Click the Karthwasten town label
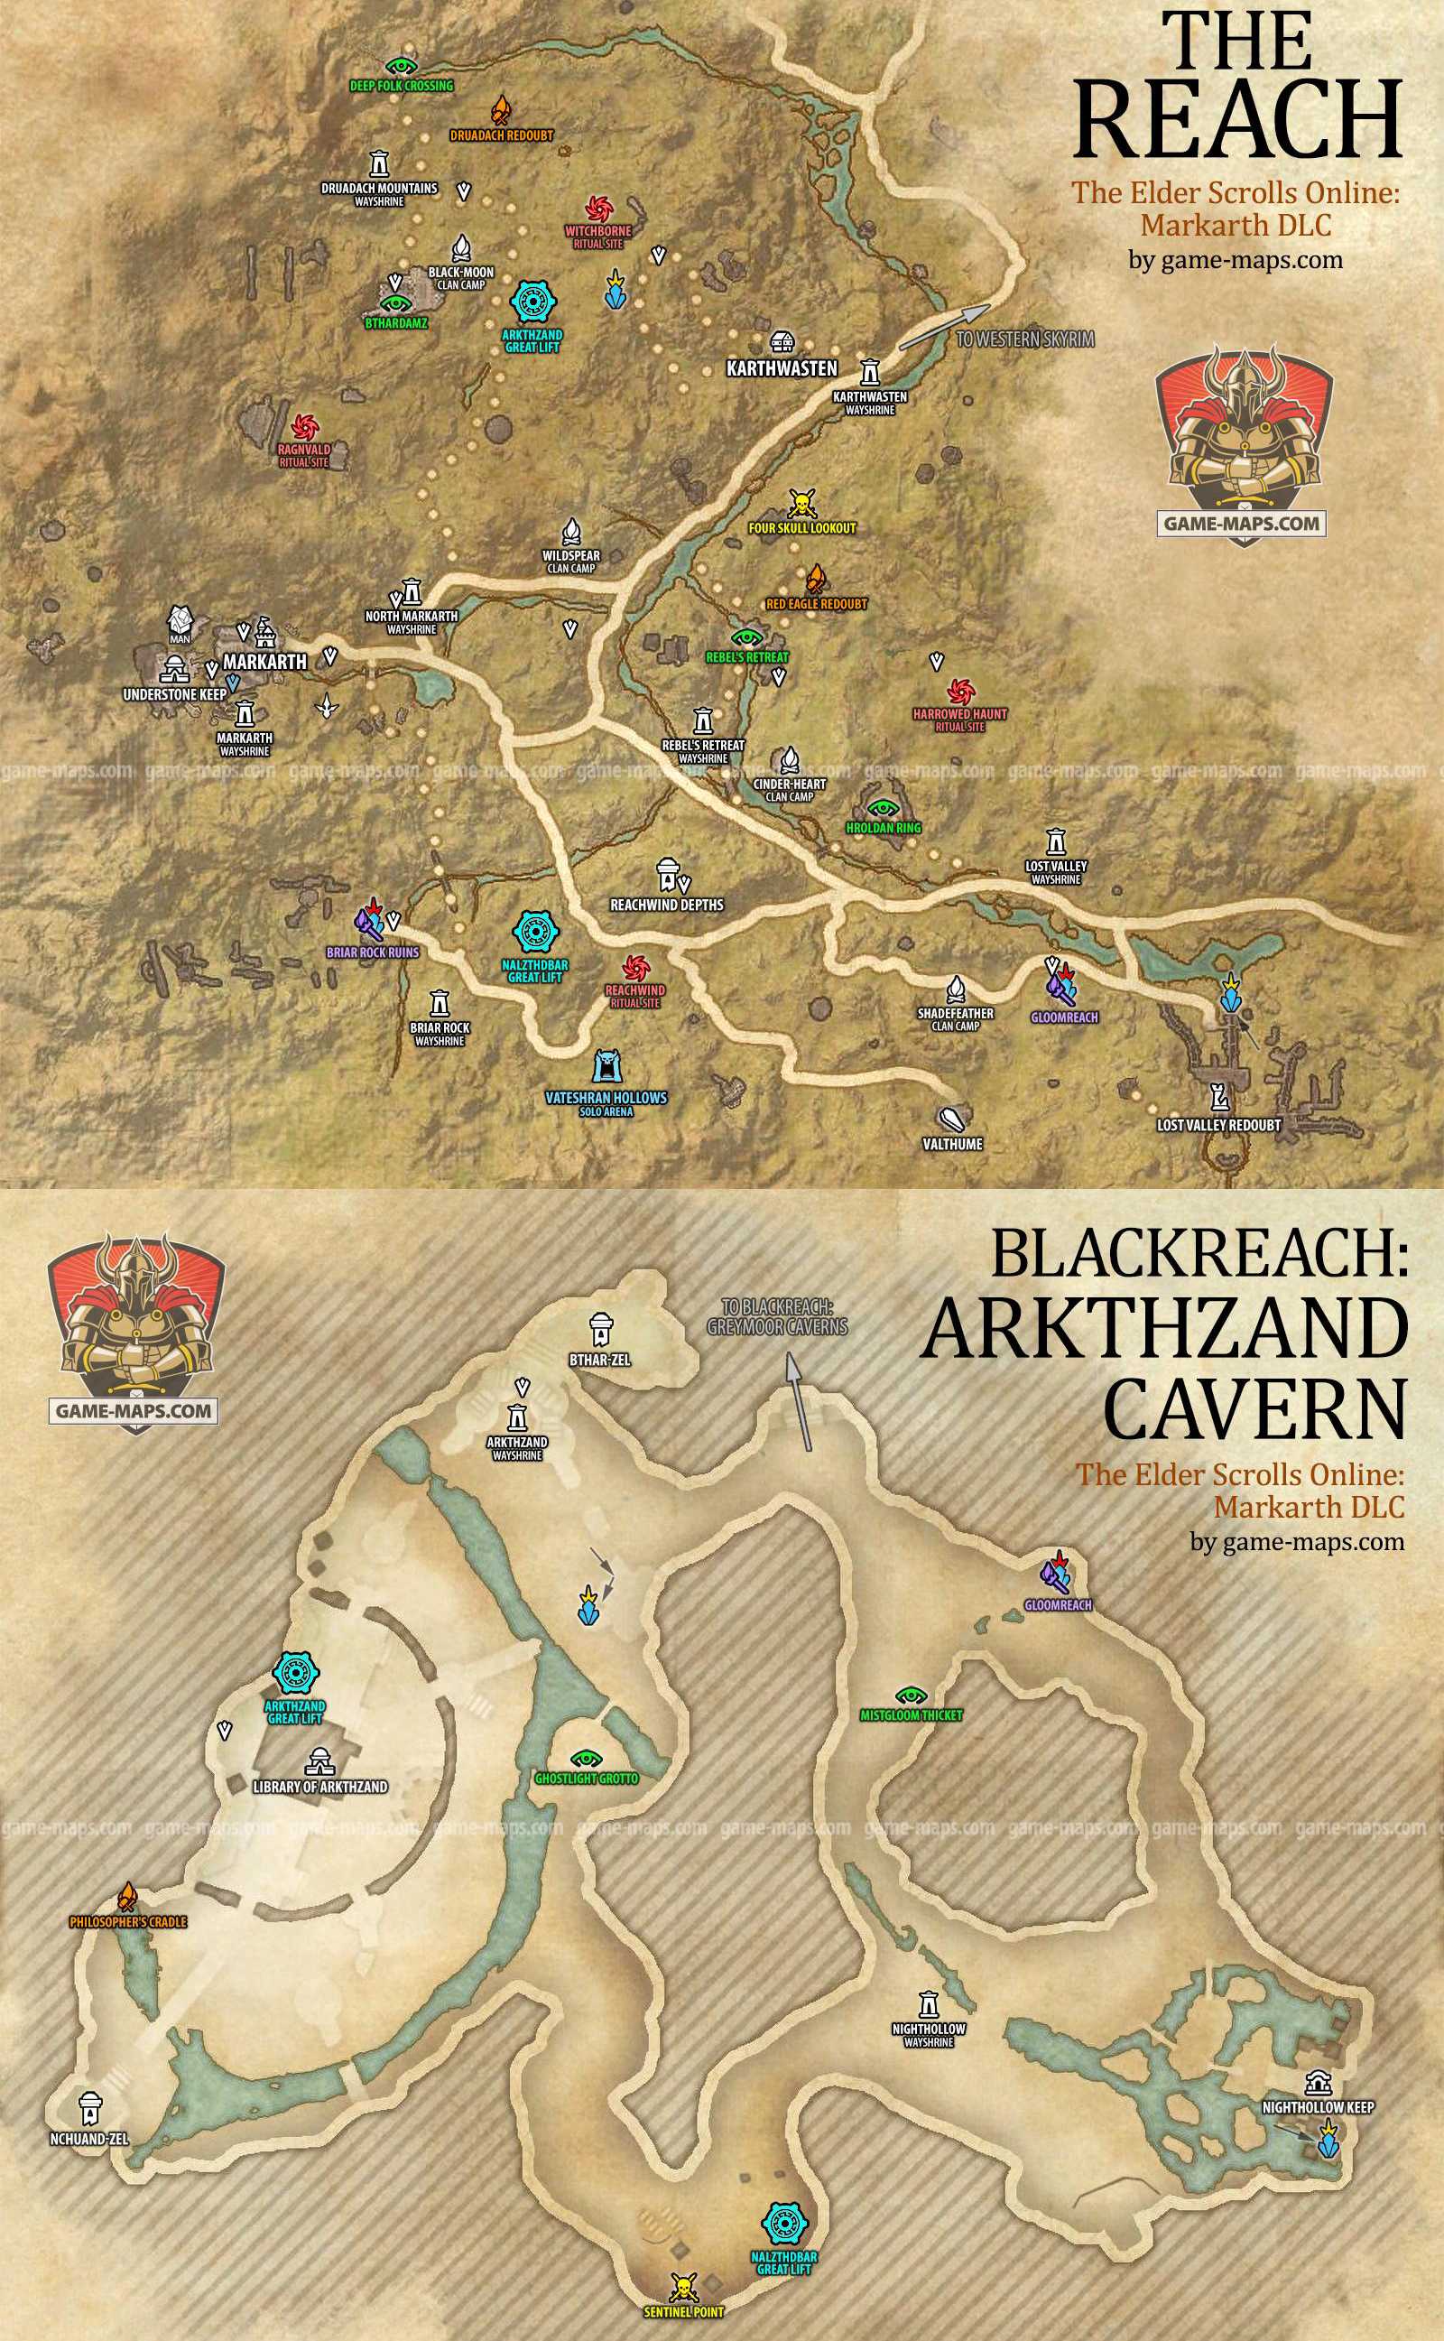coord(782,367)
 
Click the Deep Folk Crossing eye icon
coord(401,65)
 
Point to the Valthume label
coord(952,1143)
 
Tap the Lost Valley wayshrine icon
coord(1055,841)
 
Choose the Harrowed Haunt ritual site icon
coord(958,690)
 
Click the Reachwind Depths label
coord(667,904)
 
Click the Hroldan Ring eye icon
coord(883,805)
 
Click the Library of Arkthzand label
coord(319,1785)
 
